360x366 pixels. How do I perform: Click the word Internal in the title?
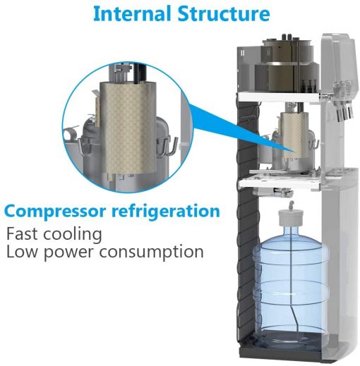pos(133,14)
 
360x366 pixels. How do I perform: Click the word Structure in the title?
pos(224,14)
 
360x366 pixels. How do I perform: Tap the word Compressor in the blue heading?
pos(55,212)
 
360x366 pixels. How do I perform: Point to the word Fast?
pos(22,233)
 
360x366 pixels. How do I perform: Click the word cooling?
pos(73,235)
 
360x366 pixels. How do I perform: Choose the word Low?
pos(22,251)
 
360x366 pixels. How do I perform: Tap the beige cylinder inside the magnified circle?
pos(128,128)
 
